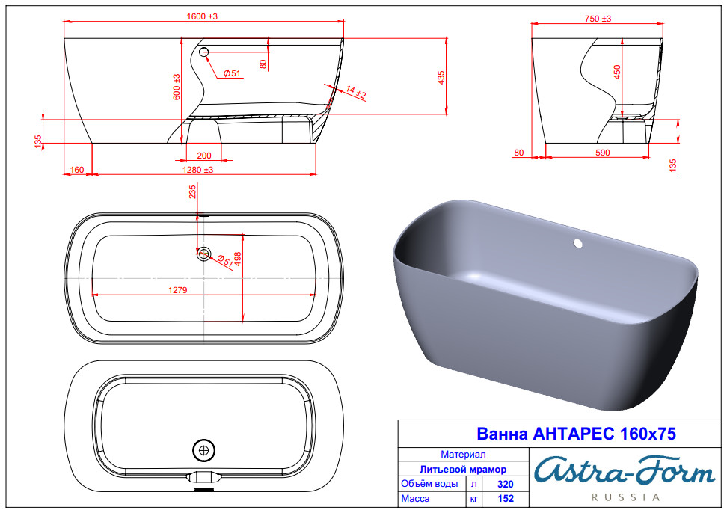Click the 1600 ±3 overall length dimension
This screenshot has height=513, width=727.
point(202,16)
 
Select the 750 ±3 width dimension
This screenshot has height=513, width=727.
point(598,19)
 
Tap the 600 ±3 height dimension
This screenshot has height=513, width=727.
point(177,87)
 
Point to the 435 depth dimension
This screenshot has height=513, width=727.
point(441,77)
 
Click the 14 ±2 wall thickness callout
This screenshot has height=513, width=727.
point(356,92)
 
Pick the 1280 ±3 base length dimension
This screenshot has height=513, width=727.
point(198,170)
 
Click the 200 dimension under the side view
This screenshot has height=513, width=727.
point(204,156)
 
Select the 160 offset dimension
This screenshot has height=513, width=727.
point(76,170)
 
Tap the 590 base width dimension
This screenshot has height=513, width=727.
point(602,153)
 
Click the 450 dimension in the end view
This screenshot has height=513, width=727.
point(617,72)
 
